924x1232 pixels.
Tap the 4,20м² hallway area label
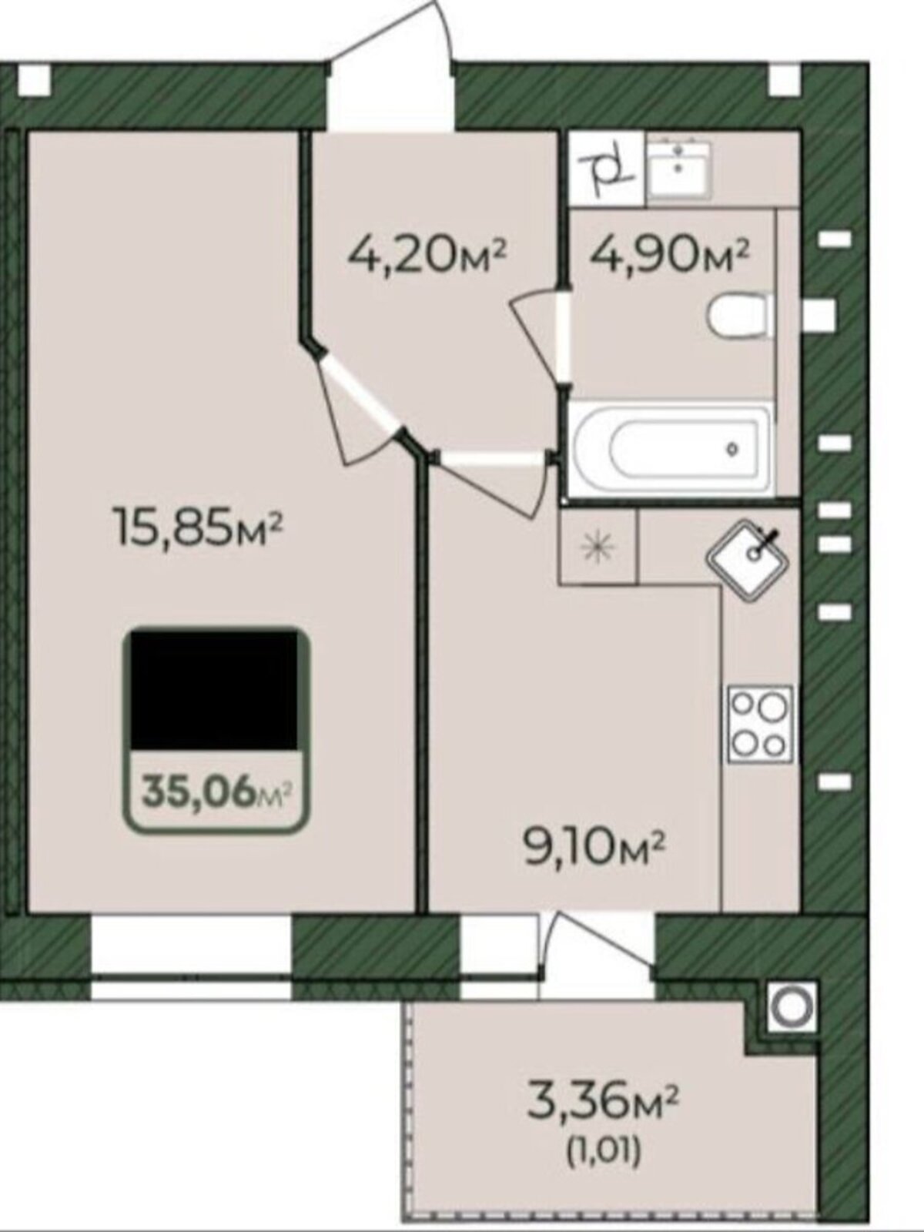pyautogui.click(x=427, y=257)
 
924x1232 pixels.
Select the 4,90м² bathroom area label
pyautogui.click(x=669, y=257)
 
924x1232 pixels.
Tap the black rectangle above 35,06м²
pyautogui.click(x=214, y=691)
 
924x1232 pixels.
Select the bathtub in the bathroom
pyautogui.click(x=671, y=448)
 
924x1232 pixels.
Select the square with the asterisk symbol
pyautogui.click(x=598, y=545)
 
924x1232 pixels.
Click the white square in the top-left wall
pyautogui.click(x=34, y=80)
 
